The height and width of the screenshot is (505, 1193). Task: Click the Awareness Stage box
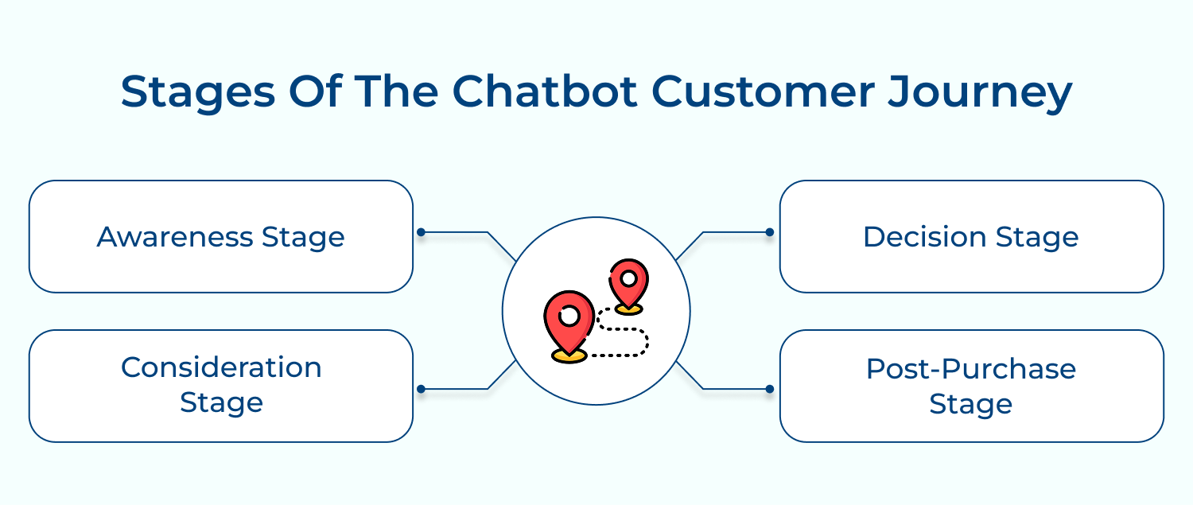[221, 236]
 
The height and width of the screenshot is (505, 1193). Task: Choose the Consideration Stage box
[221, 386]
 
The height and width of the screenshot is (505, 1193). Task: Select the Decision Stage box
[971, 236]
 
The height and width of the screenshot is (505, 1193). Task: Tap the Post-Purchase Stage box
[971, 386]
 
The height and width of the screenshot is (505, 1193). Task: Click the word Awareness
[176, 237]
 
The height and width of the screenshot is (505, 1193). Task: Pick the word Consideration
[221, 367]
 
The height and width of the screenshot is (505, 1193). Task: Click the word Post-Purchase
[971, 369]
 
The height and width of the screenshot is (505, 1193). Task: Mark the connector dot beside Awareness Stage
[422, 232]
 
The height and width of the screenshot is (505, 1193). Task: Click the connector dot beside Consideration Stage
[422, 389]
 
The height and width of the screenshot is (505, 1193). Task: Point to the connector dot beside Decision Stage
[769, 232]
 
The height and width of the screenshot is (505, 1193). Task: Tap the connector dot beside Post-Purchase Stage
[769, 389]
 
